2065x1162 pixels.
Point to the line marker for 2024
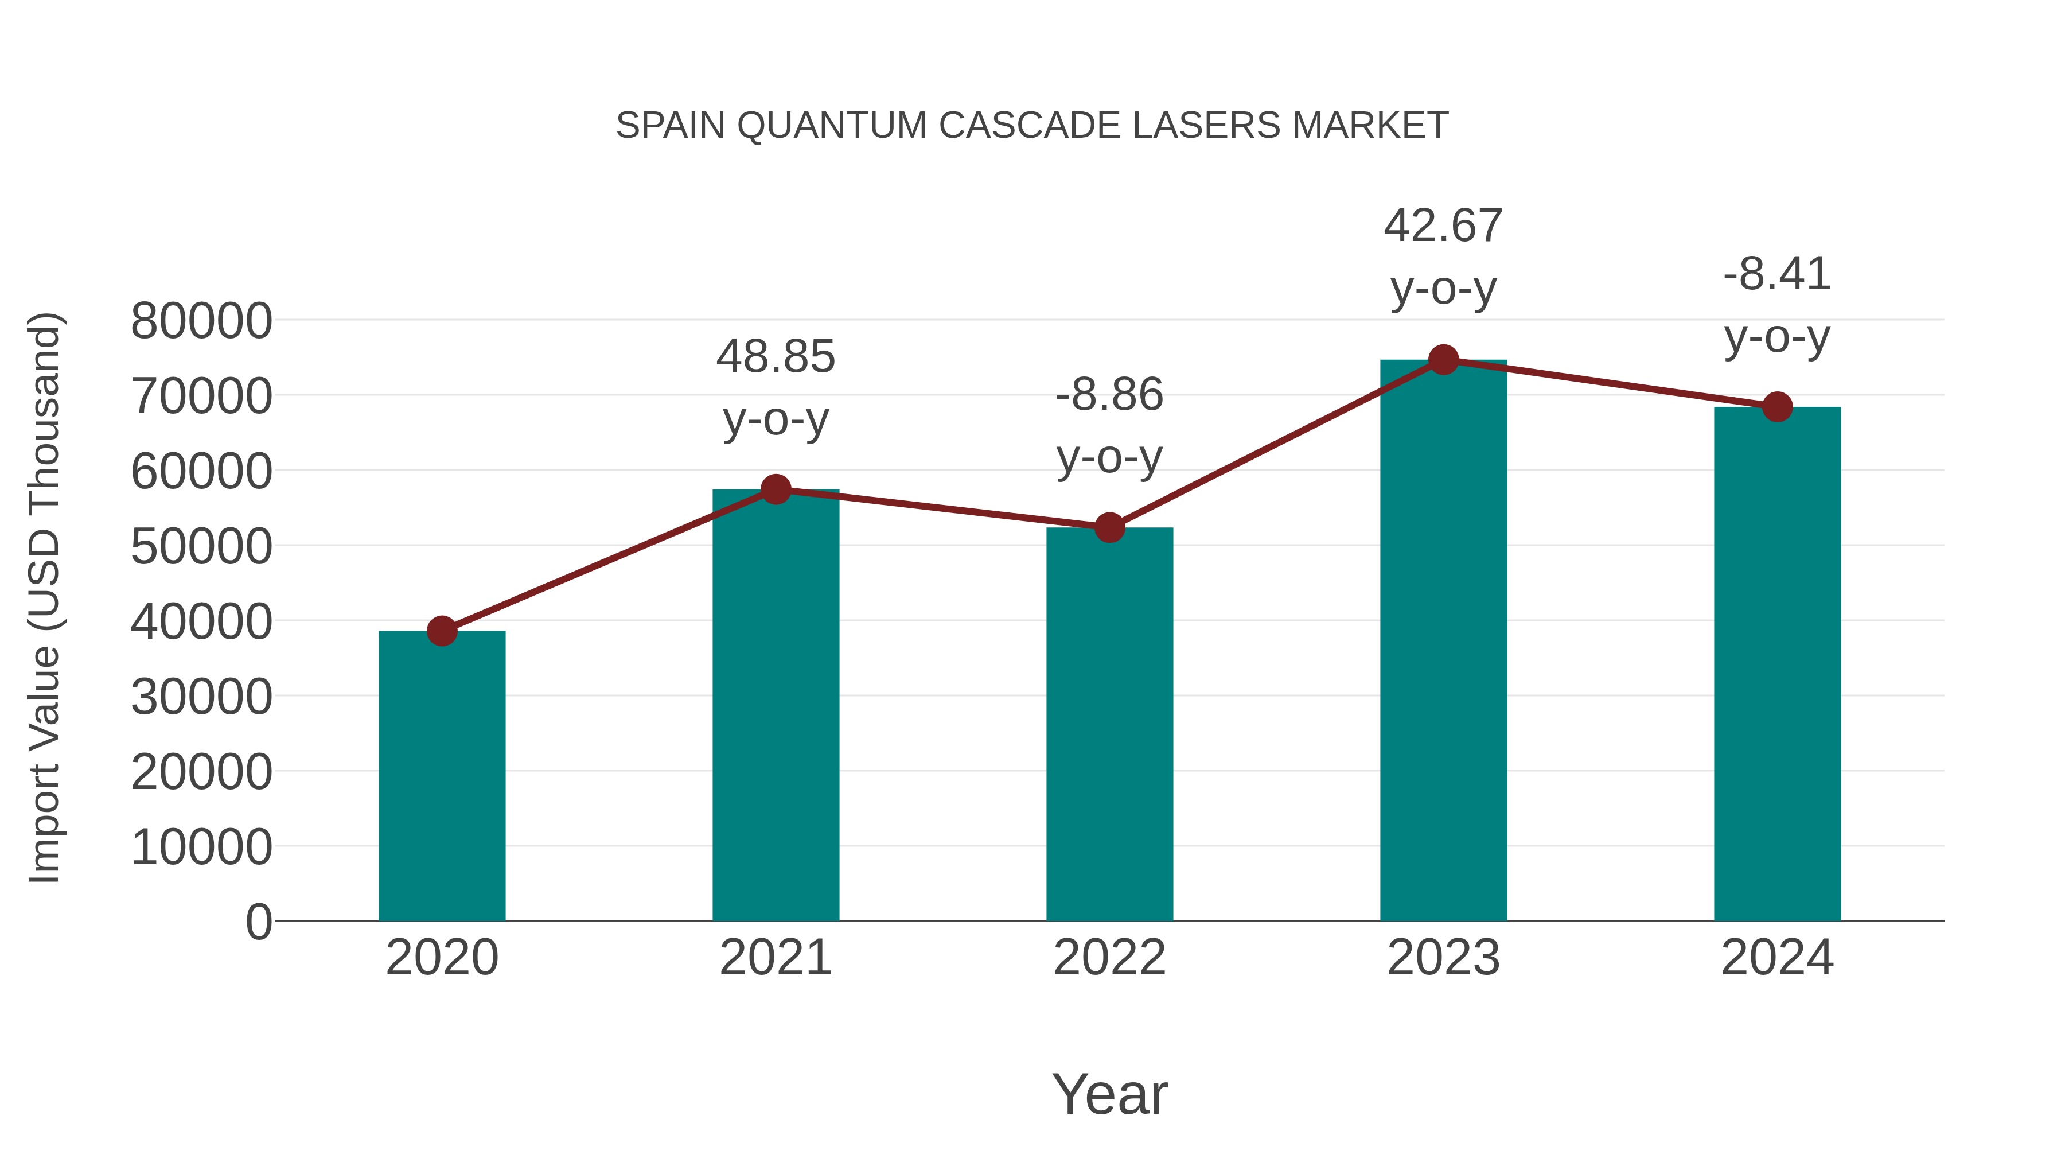pos(1777,407)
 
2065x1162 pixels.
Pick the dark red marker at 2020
pos(442,631)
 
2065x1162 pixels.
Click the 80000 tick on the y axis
pos(201,321)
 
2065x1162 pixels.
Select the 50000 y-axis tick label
pos(201,547)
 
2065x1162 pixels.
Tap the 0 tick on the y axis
pos(259,922)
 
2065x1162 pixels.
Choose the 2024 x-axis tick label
pos(1777,958)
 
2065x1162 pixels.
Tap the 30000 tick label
pos(201,697)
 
